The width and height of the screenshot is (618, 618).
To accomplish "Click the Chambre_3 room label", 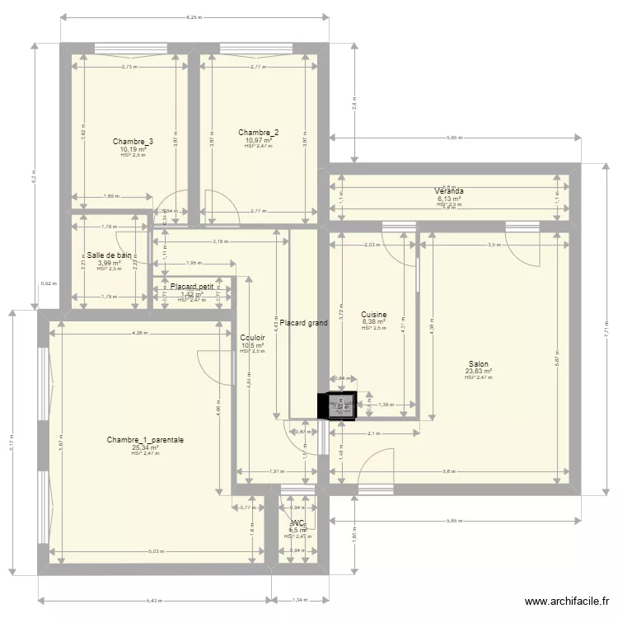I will (133, 142).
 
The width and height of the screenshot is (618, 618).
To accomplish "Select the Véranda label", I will (450, 191).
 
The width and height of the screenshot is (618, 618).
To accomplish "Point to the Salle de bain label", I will (109, 255).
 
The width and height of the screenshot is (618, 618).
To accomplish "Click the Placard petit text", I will (192, 287).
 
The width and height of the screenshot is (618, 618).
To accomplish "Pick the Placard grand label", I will (303, 323).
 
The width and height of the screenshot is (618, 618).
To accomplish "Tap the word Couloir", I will (253, 338).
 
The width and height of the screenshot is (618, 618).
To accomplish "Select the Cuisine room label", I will (374, 315).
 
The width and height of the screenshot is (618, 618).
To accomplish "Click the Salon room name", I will (478, 363).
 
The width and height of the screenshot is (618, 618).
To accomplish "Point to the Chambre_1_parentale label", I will (145, 440).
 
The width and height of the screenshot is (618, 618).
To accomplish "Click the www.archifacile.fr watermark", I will (568, 602).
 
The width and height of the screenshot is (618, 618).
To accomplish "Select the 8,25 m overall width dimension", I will (194, 16).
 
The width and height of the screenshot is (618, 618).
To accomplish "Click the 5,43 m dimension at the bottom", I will (151, 600).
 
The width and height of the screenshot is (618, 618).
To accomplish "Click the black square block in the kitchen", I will (337, 405).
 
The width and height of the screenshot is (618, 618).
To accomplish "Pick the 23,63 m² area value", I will (478, 371).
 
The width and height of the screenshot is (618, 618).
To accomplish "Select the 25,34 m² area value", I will (145, 447).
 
